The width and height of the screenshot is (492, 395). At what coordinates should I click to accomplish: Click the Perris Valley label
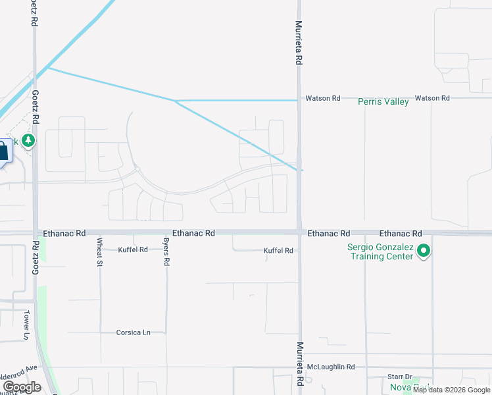pos(383,102)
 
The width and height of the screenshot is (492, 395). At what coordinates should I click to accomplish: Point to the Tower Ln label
pos(27,325)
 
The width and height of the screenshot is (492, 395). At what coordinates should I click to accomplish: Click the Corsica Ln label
pos(134,332)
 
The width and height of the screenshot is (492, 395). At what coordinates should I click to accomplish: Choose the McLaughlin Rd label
pos(332,367)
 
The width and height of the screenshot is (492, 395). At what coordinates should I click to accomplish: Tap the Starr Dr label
pos(399,377)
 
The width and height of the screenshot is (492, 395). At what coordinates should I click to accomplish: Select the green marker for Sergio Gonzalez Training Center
pos(424,250)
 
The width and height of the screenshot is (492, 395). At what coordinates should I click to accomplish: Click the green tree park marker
pos(28,140)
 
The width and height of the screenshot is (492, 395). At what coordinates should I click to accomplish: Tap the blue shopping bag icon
pos(3,151)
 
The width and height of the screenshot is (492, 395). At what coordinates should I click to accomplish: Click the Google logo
pos(22,386)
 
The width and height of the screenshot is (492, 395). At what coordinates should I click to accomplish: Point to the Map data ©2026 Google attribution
pos(451,390)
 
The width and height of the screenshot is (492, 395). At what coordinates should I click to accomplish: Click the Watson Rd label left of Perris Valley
pos(322,98)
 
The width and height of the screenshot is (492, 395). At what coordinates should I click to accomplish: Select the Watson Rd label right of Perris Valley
pos(433,98)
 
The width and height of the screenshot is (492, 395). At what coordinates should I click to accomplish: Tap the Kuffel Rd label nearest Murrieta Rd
pos(278,251)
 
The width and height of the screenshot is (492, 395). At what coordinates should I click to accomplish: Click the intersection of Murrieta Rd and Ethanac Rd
pos(299,232)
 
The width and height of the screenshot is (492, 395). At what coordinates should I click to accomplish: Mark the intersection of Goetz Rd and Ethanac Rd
pos(36,232)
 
